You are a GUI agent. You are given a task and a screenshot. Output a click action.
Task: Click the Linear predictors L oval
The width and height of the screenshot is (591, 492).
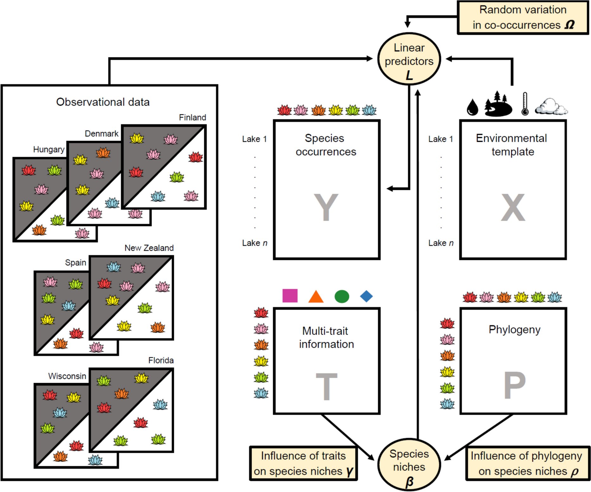pos(409,59)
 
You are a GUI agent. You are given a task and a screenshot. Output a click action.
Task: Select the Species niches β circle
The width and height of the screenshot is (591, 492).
pos(409,464)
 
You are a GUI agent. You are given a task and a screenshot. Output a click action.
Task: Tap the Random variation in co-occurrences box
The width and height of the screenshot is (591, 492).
pos(523,17)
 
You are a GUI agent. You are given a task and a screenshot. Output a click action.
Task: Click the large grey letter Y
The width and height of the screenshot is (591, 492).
pos(326,207)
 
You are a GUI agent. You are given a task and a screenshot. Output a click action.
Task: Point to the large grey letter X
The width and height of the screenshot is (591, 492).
pos(513,207)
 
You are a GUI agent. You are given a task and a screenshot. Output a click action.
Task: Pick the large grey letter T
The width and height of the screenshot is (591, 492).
pos(326,386)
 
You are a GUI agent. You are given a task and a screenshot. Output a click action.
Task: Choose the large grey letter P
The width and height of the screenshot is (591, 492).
pos(515,385)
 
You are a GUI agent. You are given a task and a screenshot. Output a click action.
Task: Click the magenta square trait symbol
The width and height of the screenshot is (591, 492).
pos(290,296)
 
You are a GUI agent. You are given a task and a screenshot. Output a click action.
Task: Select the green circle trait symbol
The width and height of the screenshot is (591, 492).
pos(342,296)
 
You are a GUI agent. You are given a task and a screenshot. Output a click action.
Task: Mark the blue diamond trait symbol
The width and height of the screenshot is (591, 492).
pos(366,296)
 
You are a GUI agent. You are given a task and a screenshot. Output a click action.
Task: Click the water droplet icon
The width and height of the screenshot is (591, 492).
pos(472,107)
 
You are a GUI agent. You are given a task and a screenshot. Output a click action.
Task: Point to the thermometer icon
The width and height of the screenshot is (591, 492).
pos(525,104)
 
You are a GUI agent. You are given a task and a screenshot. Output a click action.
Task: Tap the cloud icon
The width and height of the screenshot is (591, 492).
pos(551,107)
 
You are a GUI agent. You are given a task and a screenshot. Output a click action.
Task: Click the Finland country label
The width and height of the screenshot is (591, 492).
pos(192,117)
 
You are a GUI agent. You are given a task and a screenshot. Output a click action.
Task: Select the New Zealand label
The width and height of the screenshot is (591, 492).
pos(149,248)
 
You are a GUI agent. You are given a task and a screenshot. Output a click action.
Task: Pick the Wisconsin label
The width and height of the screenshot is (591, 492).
pos(67,376)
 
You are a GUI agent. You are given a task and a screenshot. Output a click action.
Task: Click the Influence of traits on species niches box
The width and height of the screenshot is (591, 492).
pos(303,464)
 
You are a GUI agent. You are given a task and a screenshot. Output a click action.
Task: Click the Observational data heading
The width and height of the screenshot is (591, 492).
pos(103,102)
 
